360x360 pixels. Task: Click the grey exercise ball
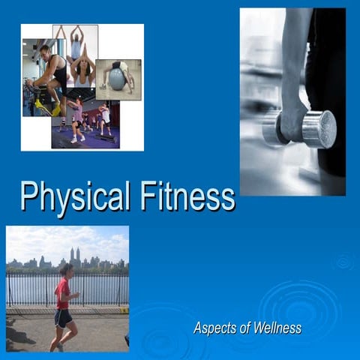(118, 79)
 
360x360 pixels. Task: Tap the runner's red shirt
(63, 292)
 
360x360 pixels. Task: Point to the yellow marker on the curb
(124, 310)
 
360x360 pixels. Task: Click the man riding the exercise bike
(51, 71)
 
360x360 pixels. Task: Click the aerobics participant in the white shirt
(105, 116)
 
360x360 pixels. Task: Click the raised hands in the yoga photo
(75, 29)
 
